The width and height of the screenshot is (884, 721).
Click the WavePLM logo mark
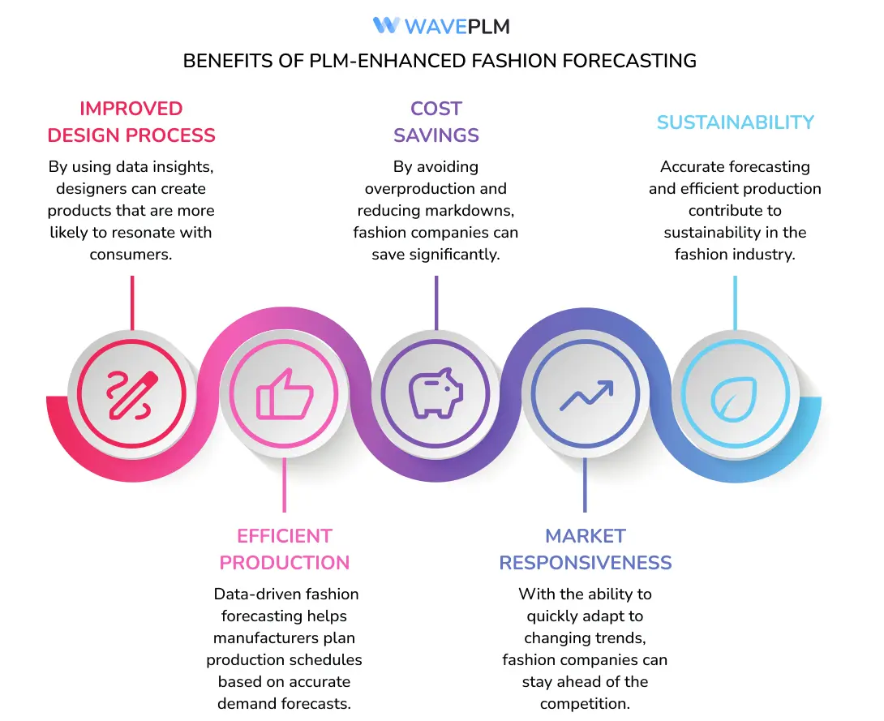point(386,25)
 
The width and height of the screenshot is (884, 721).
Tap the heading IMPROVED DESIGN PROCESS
point(131,122)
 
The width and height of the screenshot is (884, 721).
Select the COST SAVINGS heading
point(436,122)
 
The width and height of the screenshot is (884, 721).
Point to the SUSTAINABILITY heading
point(735,122)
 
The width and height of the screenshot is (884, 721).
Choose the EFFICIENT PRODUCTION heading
point(285,549)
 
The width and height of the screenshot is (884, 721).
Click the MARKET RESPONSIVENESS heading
point(586,549)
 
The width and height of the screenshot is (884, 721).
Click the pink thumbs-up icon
point(284,395)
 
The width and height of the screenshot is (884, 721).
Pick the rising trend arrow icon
point(586,397)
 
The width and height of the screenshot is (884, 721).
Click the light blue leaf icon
point(735,395)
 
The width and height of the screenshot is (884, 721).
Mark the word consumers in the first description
point(131,255)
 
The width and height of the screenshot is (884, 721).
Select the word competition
point(585,703)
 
